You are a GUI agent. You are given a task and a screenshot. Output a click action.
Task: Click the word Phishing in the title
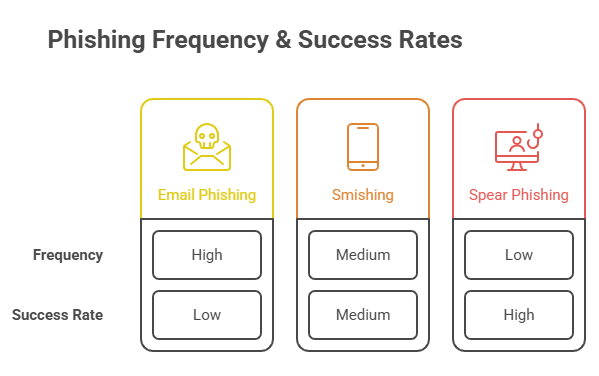[96, 40]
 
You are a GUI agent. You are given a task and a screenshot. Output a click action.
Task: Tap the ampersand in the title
[283, 40]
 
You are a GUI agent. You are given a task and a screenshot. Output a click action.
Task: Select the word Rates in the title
[431, 40]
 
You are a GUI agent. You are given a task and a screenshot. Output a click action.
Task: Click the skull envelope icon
[207, 147]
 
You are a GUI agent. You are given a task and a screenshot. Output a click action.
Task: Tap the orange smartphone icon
[363, 147]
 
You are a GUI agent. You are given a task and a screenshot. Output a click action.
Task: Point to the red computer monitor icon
[517, 151]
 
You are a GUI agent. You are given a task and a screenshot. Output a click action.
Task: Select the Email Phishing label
[207, 195]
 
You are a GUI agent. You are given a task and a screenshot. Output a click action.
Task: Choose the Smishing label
[363, 195]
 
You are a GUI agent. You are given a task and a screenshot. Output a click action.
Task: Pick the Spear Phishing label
[519, 195]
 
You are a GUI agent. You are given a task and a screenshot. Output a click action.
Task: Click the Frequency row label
[68, 255]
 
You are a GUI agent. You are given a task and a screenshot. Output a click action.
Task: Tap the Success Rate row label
[58, 315]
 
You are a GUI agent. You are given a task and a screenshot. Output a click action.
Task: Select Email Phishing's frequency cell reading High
[207, 255]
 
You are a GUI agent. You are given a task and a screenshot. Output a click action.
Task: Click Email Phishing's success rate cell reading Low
[207, 315]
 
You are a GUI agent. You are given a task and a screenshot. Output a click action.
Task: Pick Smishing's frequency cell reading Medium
[363, 255]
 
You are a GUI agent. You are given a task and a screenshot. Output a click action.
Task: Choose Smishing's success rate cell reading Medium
[363, 315]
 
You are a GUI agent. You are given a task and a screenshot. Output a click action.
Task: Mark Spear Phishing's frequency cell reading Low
[519, 255]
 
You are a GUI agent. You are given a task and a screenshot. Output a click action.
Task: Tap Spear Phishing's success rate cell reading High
[519, 315]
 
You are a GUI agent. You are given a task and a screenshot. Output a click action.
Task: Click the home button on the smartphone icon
[363, 165]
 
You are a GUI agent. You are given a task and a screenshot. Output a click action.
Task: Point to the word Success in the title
[345, 40]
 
